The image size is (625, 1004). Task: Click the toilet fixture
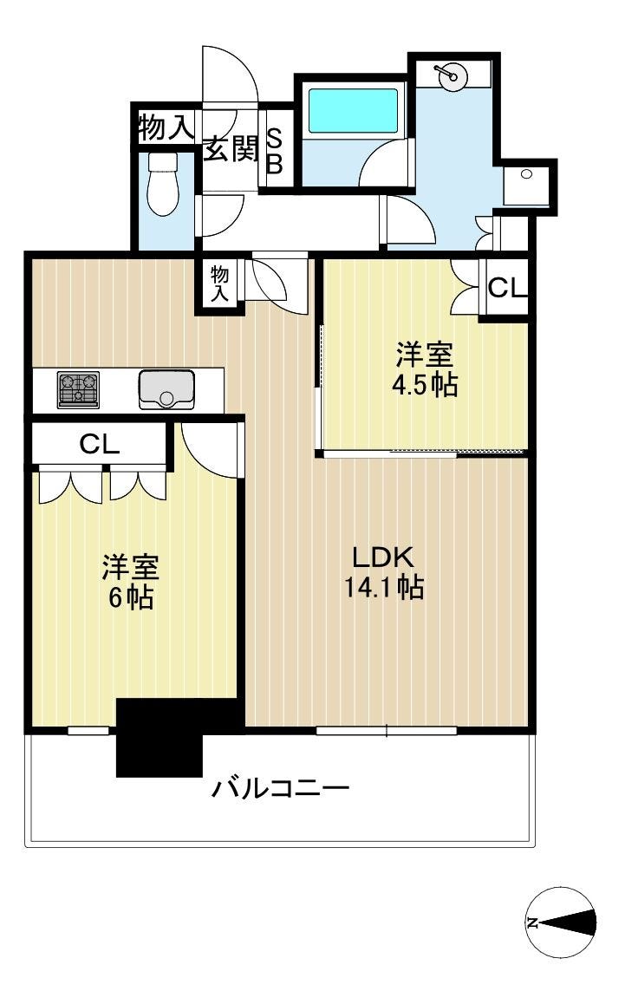coord(163,185)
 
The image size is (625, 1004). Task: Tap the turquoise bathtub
coord(354,110)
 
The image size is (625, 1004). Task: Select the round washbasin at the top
coord(453,75)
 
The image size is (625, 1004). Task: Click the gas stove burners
coord(78,389)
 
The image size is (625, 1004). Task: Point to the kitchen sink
coord(166,389)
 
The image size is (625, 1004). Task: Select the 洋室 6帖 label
coord(131,582)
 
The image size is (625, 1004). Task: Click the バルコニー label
coord(281,787)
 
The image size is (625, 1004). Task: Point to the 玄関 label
coord(231,150)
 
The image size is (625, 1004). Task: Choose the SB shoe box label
coord(274,151)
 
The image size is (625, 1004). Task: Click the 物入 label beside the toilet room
coord(166,127)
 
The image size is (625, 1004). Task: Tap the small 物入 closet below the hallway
coord(219,284)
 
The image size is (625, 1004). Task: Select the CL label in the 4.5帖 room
coord(507,288)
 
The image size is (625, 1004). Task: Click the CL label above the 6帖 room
coord(100,445)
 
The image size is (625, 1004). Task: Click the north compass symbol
coord(560,922)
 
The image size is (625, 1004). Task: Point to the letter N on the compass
coord(532,923)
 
